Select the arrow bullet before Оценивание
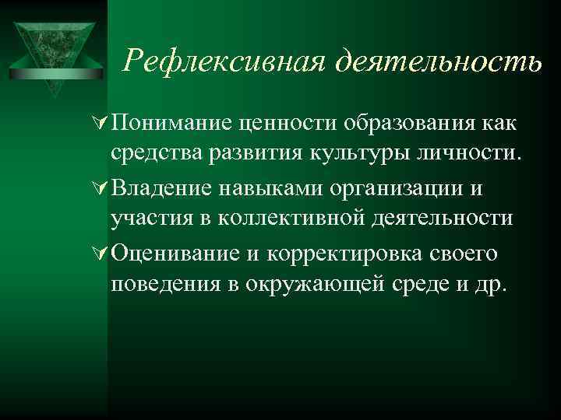pyautogui.click(x=100, y=254)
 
